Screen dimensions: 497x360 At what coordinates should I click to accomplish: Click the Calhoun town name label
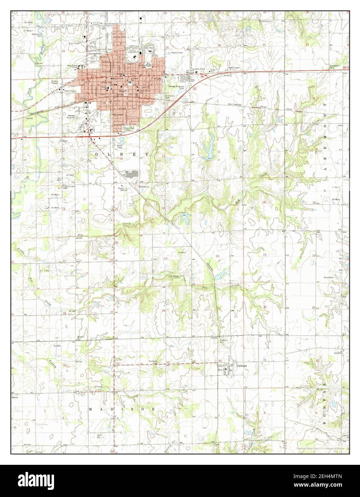coord(241,366)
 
